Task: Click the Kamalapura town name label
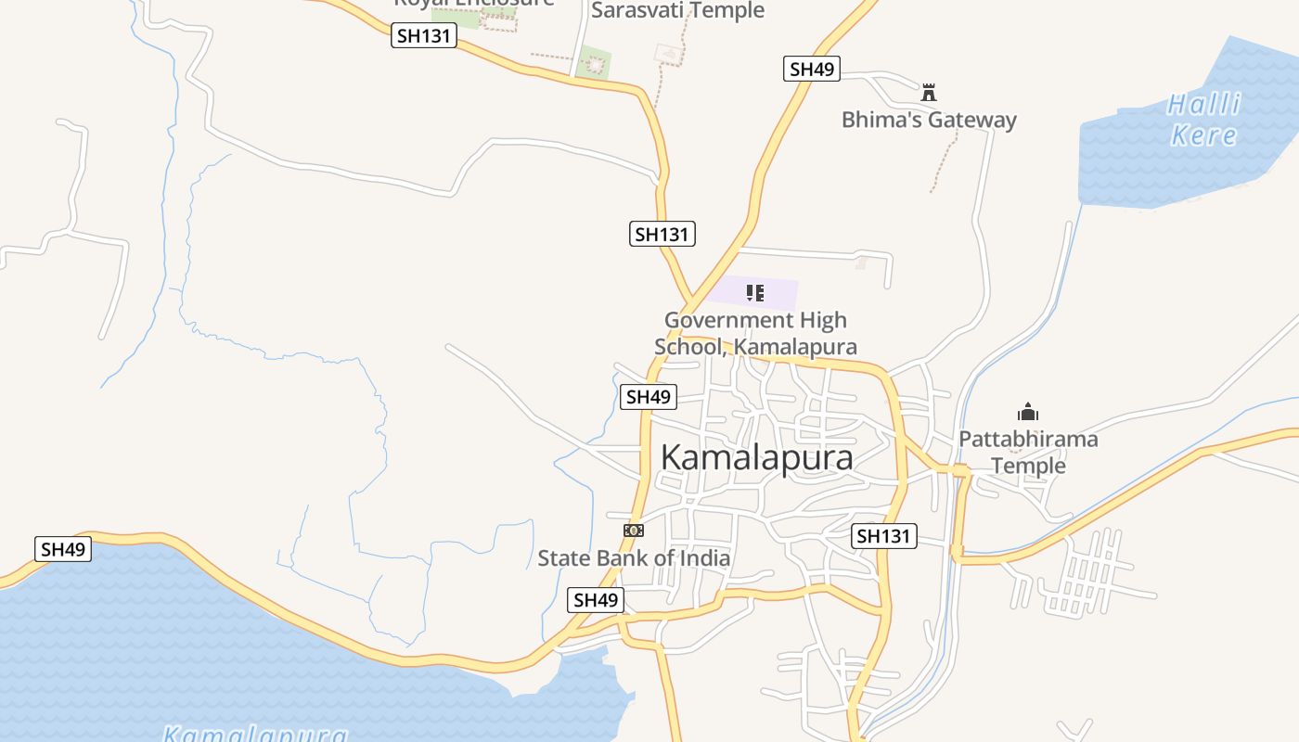click(757, 457)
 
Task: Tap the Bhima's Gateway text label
click(929, 120)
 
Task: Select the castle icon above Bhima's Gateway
click(929, 93)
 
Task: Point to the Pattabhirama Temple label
click(1028, 452)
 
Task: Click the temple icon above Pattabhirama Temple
click(1028, 413)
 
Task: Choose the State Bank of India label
click(634, 558)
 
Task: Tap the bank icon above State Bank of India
click(634, 531)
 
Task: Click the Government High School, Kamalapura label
click(755, 334)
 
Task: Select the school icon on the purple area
click(755, 294)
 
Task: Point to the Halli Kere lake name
click(1204, 120)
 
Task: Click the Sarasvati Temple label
click(677, 10)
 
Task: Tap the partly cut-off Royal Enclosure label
click(473, 3)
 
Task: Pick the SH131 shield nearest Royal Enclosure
click(424, 36)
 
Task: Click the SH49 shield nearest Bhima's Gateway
click(811, 69)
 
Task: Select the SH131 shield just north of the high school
click(662, 234)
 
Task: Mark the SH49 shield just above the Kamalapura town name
click(649, 397)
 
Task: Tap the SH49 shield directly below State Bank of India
click(596, 600)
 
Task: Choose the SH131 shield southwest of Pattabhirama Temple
click(885, 536)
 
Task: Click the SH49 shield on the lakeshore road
click(63, 549)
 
